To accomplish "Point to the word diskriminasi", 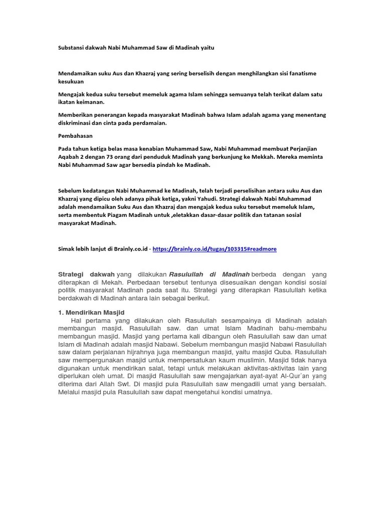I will click(76, 122).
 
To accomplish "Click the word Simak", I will click(68, 248).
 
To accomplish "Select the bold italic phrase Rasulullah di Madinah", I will click(209, 274).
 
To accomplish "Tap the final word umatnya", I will click(257, 392).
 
